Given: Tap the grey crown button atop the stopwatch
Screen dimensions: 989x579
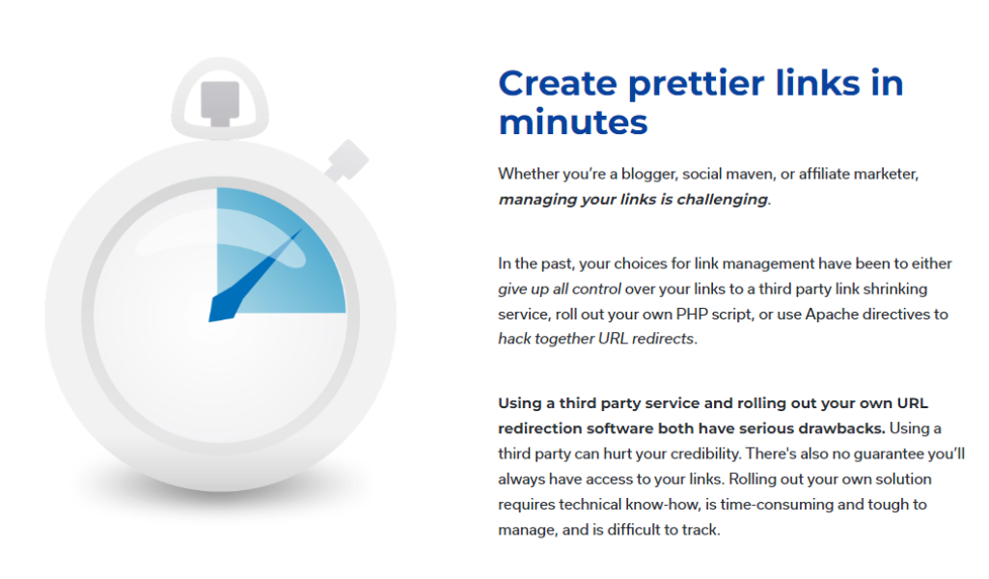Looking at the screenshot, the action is (220, 103).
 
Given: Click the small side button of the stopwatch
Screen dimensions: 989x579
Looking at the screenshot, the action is (345, 160).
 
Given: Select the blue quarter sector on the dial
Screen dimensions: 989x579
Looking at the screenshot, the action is (281, 250).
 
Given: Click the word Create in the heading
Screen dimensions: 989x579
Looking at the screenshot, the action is (558, 84).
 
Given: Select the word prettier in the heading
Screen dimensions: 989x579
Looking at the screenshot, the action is (697, 84).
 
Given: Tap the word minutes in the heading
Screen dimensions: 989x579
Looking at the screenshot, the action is (573, 123).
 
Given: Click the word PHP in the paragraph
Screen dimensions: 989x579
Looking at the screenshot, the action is (692, 314).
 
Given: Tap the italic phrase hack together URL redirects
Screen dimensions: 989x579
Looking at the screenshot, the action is (596, 339).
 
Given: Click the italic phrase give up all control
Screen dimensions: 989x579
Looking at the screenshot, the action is (560, 289).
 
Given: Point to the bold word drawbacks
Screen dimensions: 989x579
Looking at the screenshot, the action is (841, 428).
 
